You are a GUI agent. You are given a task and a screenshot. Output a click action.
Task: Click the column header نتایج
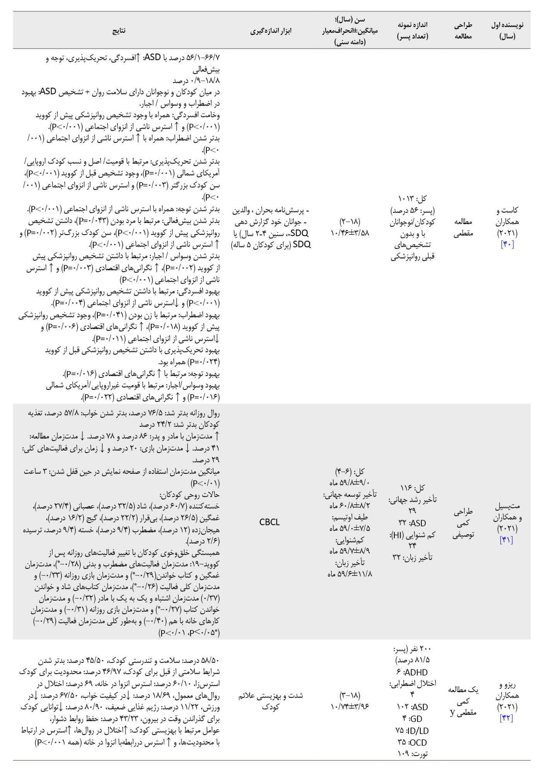click(119, 31)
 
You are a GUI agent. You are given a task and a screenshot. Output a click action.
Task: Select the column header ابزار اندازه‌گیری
click(269, 31)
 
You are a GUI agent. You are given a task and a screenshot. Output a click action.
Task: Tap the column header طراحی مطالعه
click(463, 31)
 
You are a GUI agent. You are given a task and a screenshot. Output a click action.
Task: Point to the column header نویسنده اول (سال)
click(507, 31)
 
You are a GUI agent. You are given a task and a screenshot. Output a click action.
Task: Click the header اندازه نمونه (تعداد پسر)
click(412, 31)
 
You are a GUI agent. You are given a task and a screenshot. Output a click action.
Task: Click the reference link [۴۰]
click(507, 245)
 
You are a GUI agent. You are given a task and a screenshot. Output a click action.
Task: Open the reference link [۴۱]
click(507, 540)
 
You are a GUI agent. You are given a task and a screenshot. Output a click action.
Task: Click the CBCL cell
click(269, 523)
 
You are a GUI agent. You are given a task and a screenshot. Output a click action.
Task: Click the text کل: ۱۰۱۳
click(412, 199)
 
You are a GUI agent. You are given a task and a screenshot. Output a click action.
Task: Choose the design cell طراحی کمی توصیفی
click(463, 523)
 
